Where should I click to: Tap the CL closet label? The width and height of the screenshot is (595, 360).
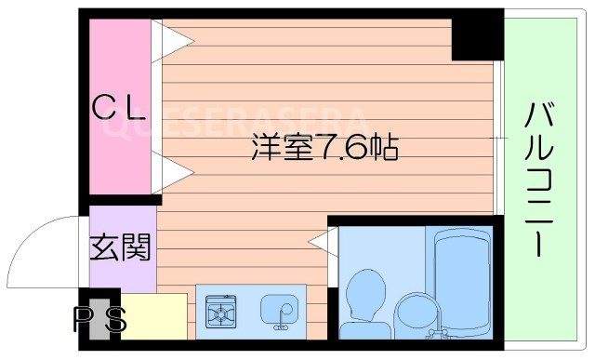pyautogui.click(x=120, y=109)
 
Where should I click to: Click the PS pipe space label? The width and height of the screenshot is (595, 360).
pyautogui.click(x=99, y=321)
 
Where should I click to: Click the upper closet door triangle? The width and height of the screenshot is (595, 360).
pyautogui.click(x=172, y=40)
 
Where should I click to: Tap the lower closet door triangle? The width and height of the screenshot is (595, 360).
pyautogui.click(x=172, y=172)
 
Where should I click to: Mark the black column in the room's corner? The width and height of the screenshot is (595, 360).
pyautogui.click(x=476, y=38)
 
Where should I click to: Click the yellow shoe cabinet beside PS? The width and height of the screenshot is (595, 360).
pyautogui.click(x=153, y=316)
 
